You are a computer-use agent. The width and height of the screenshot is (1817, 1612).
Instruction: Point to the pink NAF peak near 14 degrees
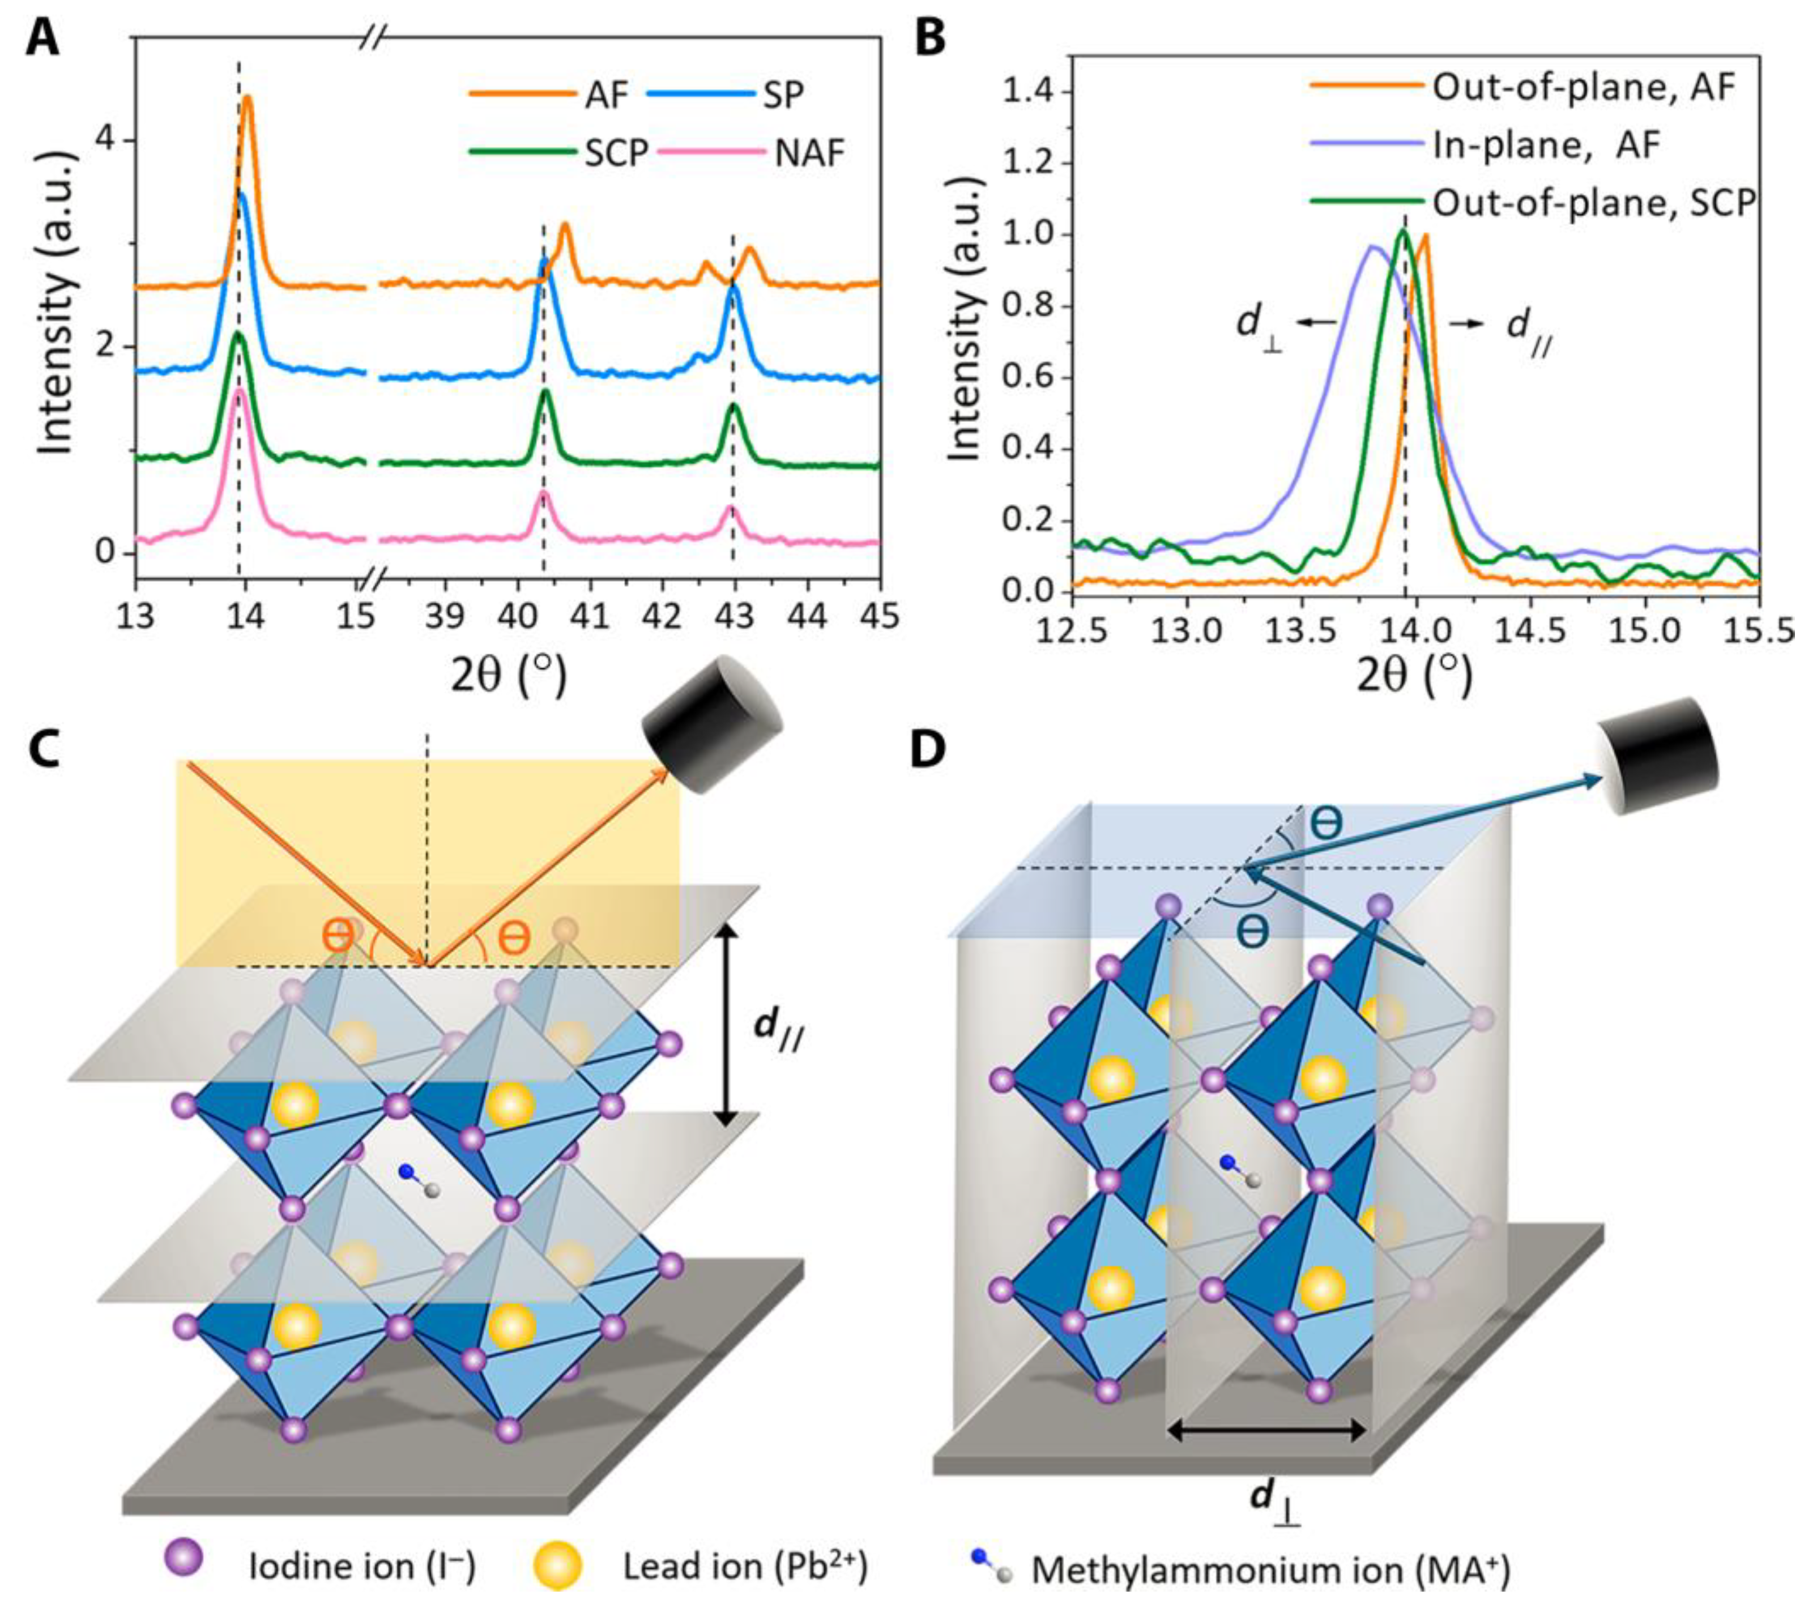click(x=239, y=391)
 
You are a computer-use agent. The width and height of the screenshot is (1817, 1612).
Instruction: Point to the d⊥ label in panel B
click(x=1261, y=326)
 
